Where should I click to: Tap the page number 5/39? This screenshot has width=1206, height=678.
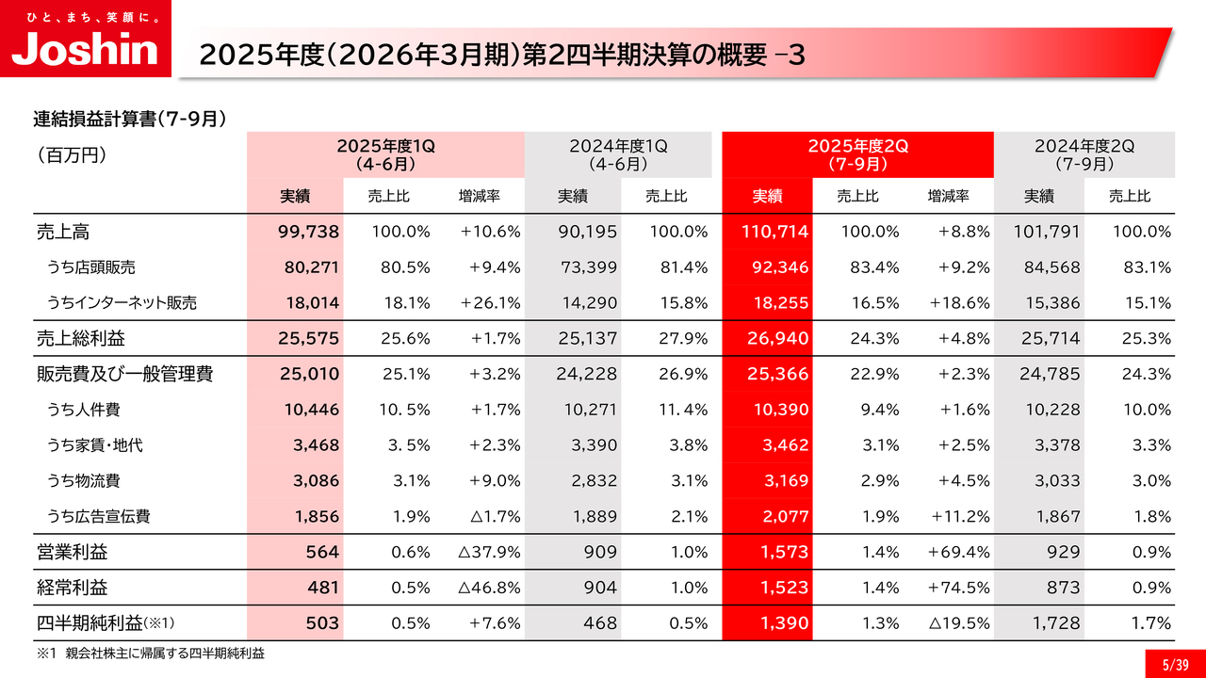pos(1175,664)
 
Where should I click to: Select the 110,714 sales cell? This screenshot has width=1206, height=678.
pos(769,232)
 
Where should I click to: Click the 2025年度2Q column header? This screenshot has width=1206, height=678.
pos(857,154)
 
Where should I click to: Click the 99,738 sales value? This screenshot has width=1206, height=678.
pos(309,232)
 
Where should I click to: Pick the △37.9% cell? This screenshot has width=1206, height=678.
pos(489,552)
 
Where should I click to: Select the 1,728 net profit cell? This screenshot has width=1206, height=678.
pos(1052,623)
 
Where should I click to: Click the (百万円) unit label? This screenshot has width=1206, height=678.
pos(71,154)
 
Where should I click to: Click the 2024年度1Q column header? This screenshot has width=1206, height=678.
pos(618,154)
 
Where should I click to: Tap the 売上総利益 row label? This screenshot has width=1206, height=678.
pos(81,338)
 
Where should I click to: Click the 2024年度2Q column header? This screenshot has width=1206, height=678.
pos(1084,154)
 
